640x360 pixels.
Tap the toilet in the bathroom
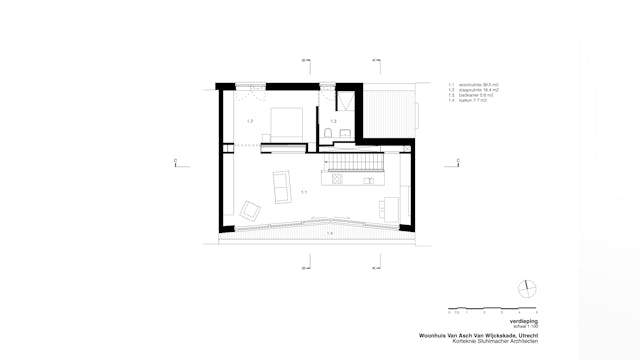pyautogui.click(x=329, y=134)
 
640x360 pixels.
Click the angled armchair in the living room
pyautogui.click(x=251, y=210)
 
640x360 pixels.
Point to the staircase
pyautogui.click(x=357, y=160)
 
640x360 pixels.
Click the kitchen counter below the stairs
pyautogui.click(x=354, y=182)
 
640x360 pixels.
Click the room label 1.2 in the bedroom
pyautogui.click(x=249, y=120)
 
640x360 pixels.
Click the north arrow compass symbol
pyautogui.click(x=526, y=289)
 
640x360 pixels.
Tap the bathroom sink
pyautogui.click(x=345, y=134)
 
